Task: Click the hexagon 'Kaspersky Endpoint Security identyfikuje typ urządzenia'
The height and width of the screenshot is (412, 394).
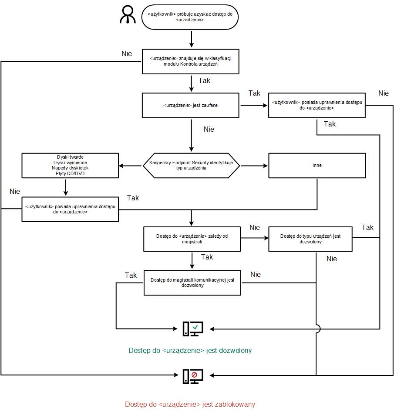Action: pyautogui.click(x=191, y=165)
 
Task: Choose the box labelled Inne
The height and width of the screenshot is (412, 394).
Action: pyautogui.click(x=317, y=166)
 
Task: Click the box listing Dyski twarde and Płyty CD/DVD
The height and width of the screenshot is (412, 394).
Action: pyautogui.click(x=71, y=166)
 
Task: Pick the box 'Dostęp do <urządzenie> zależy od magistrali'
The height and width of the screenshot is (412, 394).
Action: pyautogui.click(x=192, y=239)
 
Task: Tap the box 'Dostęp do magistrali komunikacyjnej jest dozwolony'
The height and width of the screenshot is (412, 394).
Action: pyautogui.click(x=192, y=283)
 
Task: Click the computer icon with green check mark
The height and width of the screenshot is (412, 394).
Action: pyautogui.click(x=192, y=329)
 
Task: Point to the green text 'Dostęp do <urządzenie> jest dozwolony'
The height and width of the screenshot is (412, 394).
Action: pyautogui.click(x=190, y=350)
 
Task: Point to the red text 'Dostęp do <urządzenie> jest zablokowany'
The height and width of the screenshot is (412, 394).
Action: pyautogui.click(x=190, y=404)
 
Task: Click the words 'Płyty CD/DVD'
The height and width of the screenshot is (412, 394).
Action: pyautogui.click(x=71, y=175)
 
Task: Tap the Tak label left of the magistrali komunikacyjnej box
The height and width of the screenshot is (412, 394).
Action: pyautogui.click(x=131, y=275)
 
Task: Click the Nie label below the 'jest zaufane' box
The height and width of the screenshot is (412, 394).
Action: pyautogui.click(x=209, y=129)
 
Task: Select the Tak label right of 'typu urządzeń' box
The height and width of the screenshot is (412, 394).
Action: pyautogui.click(x=367, y=227)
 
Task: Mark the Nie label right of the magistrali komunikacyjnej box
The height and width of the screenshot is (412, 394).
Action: pyautogui.click(x=256, y=274)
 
